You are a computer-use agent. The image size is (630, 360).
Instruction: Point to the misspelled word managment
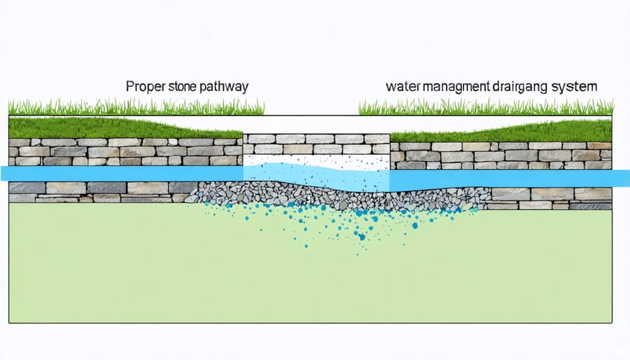pyautogui.click(x=452, y=89)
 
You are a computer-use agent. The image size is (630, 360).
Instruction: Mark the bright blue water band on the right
pyautogui.click(x=504, y=179)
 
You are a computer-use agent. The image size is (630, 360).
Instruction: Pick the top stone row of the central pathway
pyautogui.click(x=315, y=139)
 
